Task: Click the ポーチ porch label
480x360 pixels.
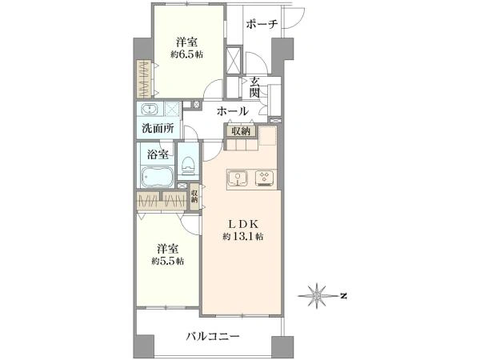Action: [262, 24]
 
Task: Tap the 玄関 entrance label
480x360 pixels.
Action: [254, 87]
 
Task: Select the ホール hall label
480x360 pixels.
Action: [233, 111]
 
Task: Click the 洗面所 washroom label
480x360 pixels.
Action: [158, 128]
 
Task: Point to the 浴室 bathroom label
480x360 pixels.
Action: [158, 155]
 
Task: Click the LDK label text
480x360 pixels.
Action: [244, 224]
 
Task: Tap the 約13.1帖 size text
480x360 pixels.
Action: [244, 237]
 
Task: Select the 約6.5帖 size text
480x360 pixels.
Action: [186, 54]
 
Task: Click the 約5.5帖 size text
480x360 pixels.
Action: [168, 262]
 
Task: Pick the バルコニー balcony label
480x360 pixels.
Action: [213, 337]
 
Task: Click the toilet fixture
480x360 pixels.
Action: [188, 166]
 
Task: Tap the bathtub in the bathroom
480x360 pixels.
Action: [158, 177]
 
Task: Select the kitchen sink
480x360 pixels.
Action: [238, 178]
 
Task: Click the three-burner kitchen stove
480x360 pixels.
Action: [265, 178]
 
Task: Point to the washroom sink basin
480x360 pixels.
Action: [150, 109]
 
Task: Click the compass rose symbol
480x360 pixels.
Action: [317, 296]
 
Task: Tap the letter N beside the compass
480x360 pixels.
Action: [343, 296]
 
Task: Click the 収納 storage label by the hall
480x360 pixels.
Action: [241, 131]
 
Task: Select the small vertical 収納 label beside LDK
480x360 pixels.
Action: [194, 197]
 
